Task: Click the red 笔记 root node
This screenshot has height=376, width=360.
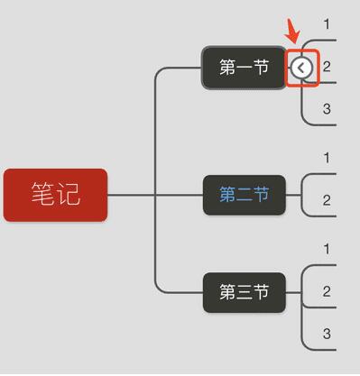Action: click(x=55, y=195)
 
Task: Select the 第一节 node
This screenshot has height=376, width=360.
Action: click(x=244, y=68)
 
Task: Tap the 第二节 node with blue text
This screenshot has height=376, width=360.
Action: click(x=244, y=195)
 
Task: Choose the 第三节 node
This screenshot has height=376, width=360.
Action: click(x=244, y=293)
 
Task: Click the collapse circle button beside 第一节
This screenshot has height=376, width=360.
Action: click(x=302, y=68)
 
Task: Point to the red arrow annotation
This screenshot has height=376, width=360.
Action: click(x=292, y=32)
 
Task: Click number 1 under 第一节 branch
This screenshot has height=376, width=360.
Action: click(x=327, y=23)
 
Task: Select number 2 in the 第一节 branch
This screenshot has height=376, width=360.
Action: click(x=327, y=67)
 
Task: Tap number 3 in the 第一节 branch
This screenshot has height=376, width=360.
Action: click(x=327, y=109)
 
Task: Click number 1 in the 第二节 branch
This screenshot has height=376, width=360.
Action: click(x=327, y=159)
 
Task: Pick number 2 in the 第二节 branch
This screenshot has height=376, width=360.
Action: click(x=327, y=200)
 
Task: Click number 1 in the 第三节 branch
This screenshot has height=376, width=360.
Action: click(x=327, y=249)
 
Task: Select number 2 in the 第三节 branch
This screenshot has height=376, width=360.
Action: click(x=327, y=291)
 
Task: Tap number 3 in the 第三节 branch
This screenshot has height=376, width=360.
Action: click(x=327, y=335)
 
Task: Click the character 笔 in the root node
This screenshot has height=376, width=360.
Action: click(x=42, y=195)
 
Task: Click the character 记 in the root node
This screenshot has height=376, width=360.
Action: click(x=68, y=195)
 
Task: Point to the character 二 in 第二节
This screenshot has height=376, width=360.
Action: click(x=244, y=195)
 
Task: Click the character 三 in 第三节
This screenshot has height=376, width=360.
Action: click(x=244, y=293)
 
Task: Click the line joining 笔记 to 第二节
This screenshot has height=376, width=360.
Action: click(x=153, y=195)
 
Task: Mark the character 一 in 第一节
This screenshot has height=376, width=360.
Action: click(x=244, y=68)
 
